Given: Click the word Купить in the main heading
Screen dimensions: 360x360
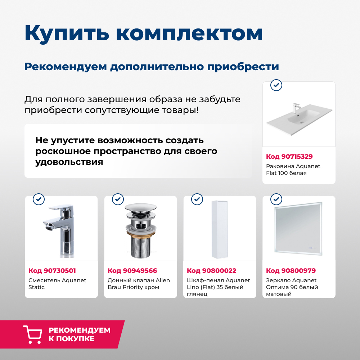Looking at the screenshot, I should tap(67, 33).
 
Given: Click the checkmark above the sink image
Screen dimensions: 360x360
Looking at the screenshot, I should tap(276, 85).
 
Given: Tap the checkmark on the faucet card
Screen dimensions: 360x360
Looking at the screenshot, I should tap(39, 199).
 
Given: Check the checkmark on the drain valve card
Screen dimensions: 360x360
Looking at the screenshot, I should tap(118, 199).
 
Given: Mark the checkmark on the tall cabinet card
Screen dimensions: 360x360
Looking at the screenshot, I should tap(197, 199).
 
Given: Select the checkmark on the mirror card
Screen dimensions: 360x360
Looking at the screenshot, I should tap(276, 199).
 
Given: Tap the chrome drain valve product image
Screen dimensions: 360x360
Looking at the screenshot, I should tap(140, 230).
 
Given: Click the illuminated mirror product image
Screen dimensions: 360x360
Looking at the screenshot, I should tap(298, 229).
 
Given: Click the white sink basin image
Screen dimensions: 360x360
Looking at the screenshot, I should tap(299, 119).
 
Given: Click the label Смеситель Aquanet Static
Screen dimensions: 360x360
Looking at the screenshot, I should tap(57, 284).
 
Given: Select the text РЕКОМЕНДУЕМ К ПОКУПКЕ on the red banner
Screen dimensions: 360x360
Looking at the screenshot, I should tap(79, 334).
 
